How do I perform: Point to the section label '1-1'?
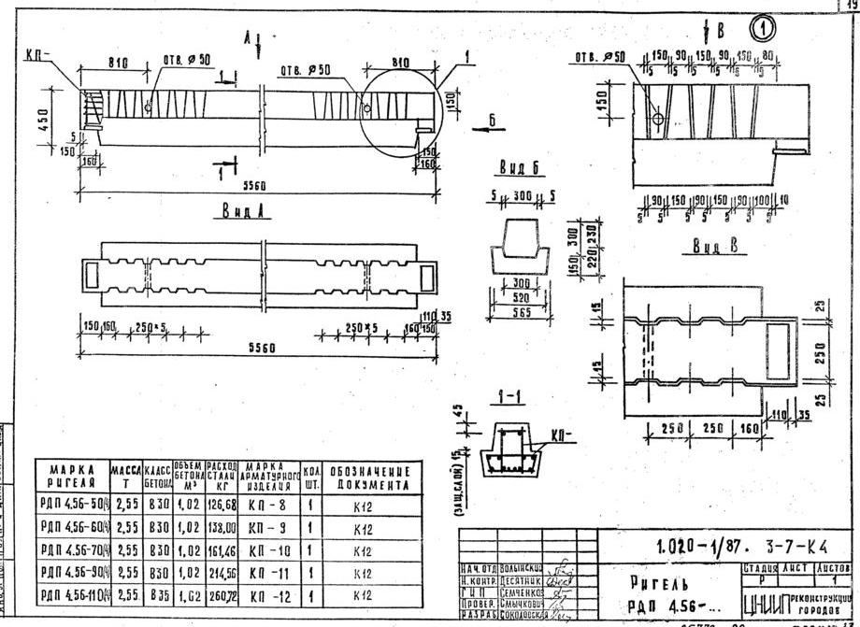click(x=510, y=397)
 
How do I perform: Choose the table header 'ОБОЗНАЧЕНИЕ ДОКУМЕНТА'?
click(x=368, y=475)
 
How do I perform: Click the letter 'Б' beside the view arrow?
click(x=492, y=119)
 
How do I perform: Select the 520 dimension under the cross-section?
click(x=510, y=299)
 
